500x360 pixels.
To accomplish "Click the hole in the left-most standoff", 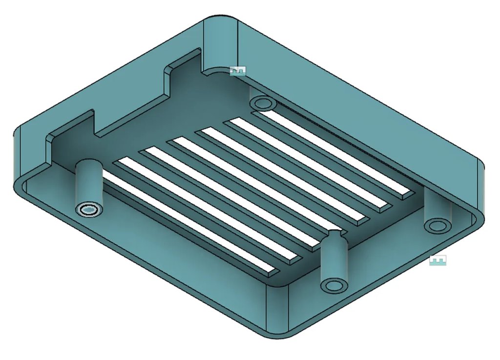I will [x=89, y=210].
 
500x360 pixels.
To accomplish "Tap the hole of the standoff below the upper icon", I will [x=263, y=103].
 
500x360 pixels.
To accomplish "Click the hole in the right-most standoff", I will [x=437, y=225].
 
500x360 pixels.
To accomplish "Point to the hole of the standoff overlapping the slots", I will [x=334, y=285].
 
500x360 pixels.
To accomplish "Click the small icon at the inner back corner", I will [x=238, y=71].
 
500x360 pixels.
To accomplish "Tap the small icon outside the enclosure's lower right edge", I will [x=437, y=260].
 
